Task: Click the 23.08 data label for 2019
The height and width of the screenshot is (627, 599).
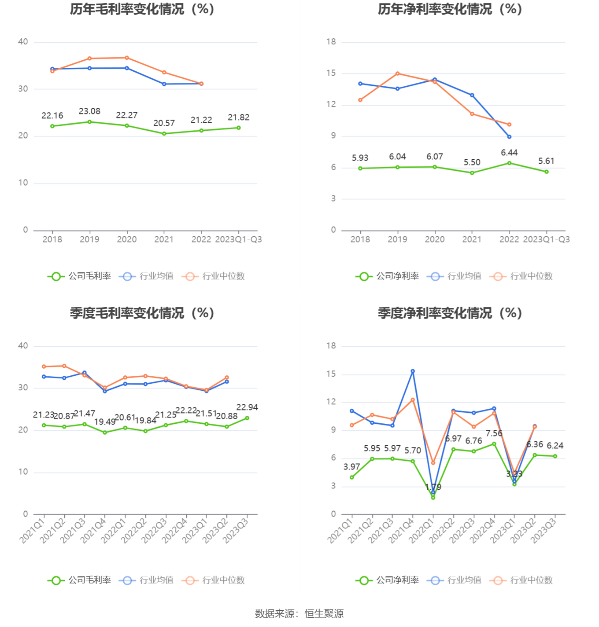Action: click(x=89, y=111)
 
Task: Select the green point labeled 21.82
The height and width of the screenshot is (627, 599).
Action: click(x=239, y=128)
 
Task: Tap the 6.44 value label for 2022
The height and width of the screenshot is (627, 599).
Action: click(x=509, y=153)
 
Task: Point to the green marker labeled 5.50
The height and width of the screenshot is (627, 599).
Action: click(x=472, y=173)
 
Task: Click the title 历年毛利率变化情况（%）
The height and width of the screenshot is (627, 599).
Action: click(x=142, y=9)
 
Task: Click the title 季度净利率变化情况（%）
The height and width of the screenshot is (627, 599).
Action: click(x=450, y=313)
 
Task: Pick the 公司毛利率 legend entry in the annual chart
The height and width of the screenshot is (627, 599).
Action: click(x=80, y=276)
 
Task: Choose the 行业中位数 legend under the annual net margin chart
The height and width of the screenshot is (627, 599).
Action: click(x=521, y=276)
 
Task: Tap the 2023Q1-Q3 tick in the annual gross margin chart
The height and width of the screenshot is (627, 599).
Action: click(x=238, y=239)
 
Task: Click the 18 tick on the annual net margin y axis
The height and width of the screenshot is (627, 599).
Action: click(x=331, y=42)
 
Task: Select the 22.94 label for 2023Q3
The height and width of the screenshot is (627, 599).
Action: click(x=247, y=407)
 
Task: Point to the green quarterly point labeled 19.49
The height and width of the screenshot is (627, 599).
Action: click(x=105, y=433)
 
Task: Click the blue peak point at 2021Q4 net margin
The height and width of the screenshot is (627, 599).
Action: click(x=413, y=371)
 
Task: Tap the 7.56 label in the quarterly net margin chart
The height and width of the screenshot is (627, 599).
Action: click(x=494, y=433)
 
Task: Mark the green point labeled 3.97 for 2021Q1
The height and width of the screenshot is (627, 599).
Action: click(x=352, y=477)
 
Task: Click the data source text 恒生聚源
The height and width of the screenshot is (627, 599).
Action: click(x=324, y=614)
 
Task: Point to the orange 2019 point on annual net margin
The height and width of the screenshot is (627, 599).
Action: click(x=398, y=73)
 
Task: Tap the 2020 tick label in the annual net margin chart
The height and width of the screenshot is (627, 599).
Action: click(x=435, y=239)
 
